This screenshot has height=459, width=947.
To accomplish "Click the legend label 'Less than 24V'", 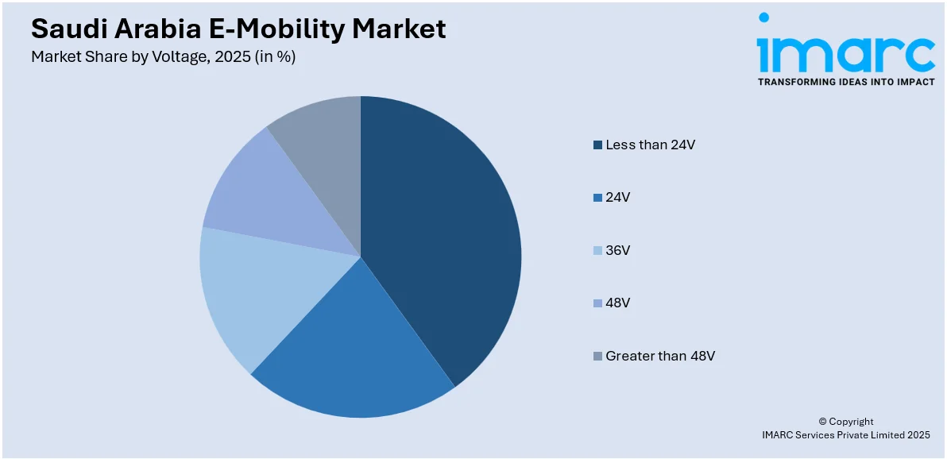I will pos(650,145).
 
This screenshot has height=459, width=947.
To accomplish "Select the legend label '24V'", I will pos(617,197).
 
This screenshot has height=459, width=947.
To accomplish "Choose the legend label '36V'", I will pos(617,250).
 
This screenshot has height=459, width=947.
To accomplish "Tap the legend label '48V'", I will pos(617,303).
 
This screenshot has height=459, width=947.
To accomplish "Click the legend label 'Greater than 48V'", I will pos(659,356).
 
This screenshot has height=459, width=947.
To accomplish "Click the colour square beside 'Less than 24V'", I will pos(597,145).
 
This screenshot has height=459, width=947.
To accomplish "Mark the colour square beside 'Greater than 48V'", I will pos(597,356).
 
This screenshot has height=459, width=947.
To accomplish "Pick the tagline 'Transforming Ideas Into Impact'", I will pos(846,82).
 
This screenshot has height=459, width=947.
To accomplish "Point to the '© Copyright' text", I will pos(845,422).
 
